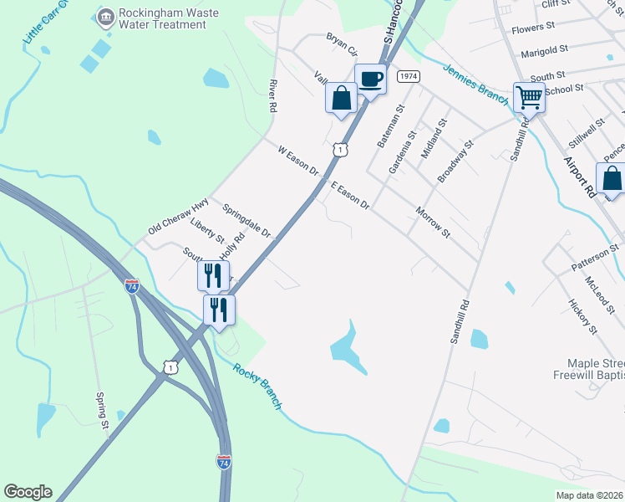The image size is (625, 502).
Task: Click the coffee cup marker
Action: point(370,79)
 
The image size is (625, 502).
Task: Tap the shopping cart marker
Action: point(529,97)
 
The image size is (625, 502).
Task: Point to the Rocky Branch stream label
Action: point(257,386)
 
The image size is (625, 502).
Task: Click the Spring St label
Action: point(104,412)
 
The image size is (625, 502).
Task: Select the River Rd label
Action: point(272,96)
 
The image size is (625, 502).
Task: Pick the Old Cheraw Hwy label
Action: point(178,216)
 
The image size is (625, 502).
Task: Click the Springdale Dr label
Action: point(247,219)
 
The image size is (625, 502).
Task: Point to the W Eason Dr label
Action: point(298,161)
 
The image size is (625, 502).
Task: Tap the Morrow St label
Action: point(433,223)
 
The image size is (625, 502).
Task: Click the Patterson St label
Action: point(595,256)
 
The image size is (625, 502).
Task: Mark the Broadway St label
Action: point(455,161)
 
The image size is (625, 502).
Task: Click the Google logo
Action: point(28,492)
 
